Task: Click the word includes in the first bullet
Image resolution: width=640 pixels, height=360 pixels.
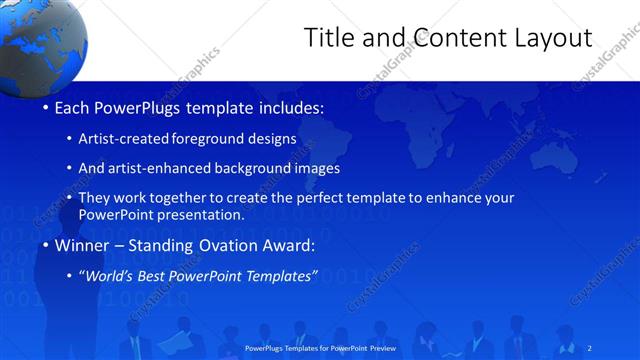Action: (290, 107)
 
